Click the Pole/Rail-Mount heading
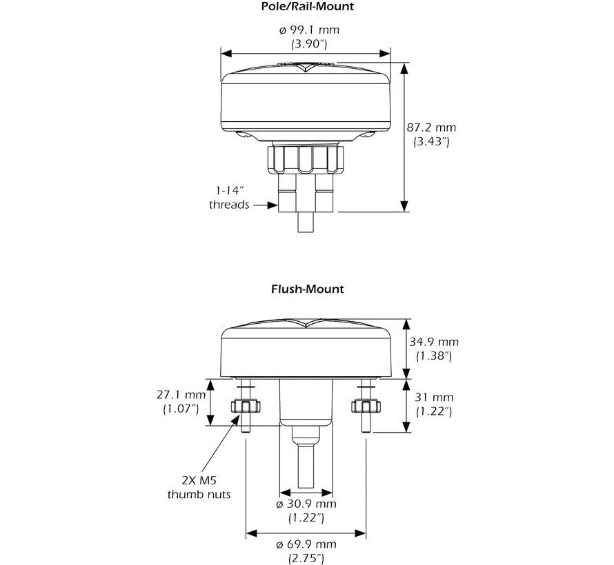point(307,7)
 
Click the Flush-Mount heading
point(307,289)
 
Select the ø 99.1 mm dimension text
point(308,30)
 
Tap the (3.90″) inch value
point(308,44)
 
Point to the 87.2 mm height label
point(431,127)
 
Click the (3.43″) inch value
point(431,142)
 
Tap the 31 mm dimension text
point(433,397)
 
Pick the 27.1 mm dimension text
point(181,395)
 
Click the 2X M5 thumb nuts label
point(199,487)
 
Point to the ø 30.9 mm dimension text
point(307,504)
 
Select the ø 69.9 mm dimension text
point(307,545)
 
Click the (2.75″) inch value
point(307,558)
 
